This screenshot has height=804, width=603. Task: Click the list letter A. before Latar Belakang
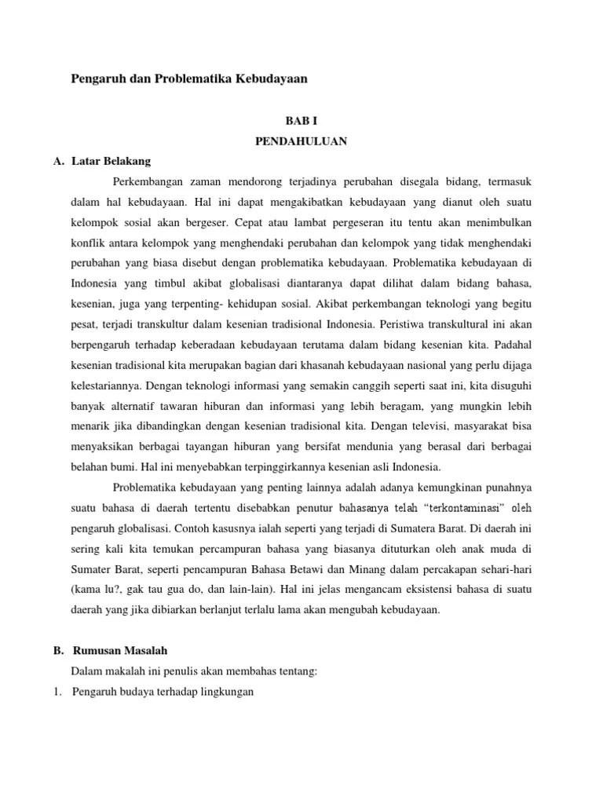pos(58,161)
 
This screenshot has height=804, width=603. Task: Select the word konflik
pos(87,243)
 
